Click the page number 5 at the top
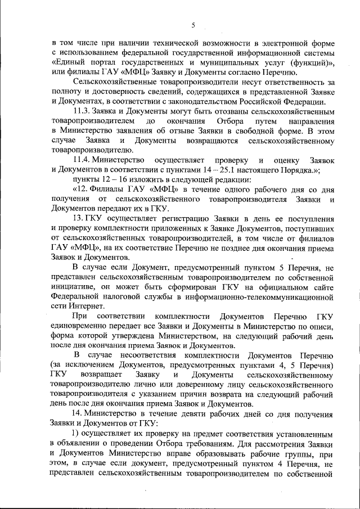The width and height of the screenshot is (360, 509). click(192, 25)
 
